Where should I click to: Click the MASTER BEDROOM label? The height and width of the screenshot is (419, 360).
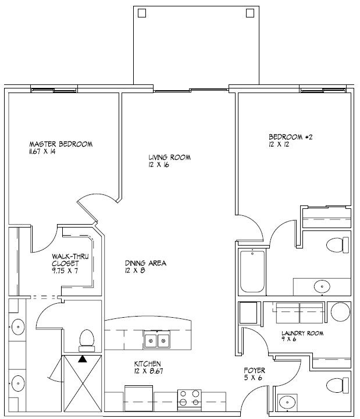61,144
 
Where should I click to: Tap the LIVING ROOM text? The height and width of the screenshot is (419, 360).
169,157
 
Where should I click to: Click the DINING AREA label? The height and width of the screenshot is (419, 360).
145,263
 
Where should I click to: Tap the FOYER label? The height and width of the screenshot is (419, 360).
255,370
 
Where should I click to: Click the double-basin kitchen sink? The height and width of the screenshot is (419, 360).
158,339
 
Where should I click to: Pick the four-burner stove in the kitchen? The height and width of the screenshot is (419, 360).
190,400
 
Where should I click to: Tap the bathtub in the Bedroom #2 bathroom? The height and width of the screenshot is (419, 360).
252,271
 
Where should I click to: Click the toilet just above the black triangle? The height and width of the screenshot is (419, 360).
86,338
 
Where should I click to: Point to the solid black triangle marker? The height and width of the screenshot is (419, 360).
82,359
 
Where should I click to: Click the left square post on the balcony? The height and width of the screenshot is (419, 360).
141,13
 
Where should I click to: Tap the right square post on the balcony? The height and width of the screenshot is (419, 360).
250,13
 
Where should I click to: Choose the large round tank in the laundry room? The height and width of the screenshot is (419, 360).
340,312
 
